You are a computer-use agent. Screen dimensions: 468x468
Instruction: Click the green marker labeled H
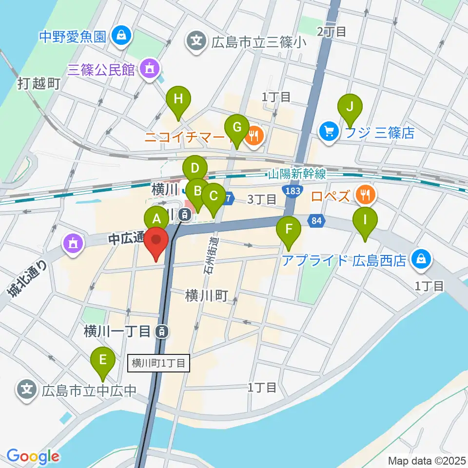pos(178,100)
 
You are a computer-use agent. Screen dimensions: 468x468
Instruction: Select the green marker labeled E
pos(103,360)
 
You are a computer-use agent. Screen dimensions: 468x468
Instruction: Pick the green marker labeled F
pos(289,228)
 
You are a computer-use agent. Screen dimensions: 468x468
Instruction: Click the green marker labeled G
pos(236,128)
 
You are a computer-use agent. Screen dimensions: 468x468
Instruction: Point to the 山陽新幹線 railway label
pos(297,174)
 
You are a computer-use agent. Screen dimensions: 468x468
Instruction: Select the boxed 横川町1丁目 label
pos(158,363)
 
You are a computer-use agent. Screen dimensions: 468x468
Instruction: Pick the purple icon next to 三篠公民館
pos(148,70)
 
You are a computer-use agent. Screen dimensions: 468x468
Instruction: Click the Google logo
pos(33,457)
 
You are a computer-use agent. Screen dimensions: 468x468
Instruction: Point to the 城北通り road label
pos(27,279)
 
